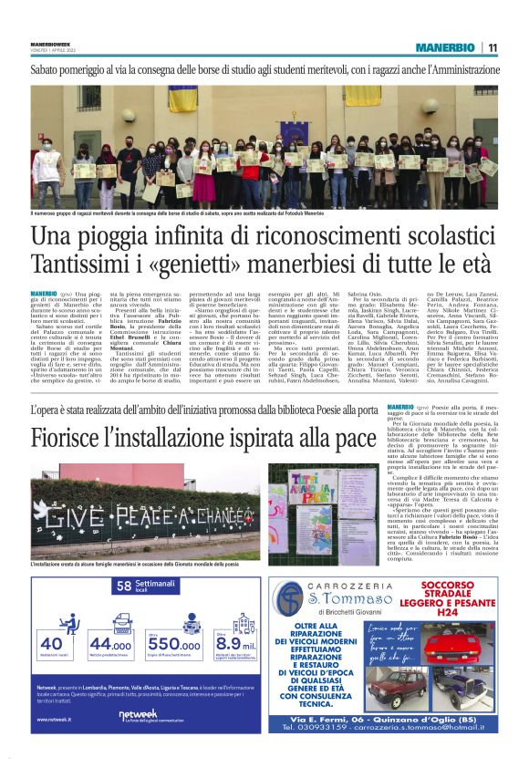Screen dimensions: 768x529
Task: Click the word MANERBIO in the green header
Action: tap(444, 47)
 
